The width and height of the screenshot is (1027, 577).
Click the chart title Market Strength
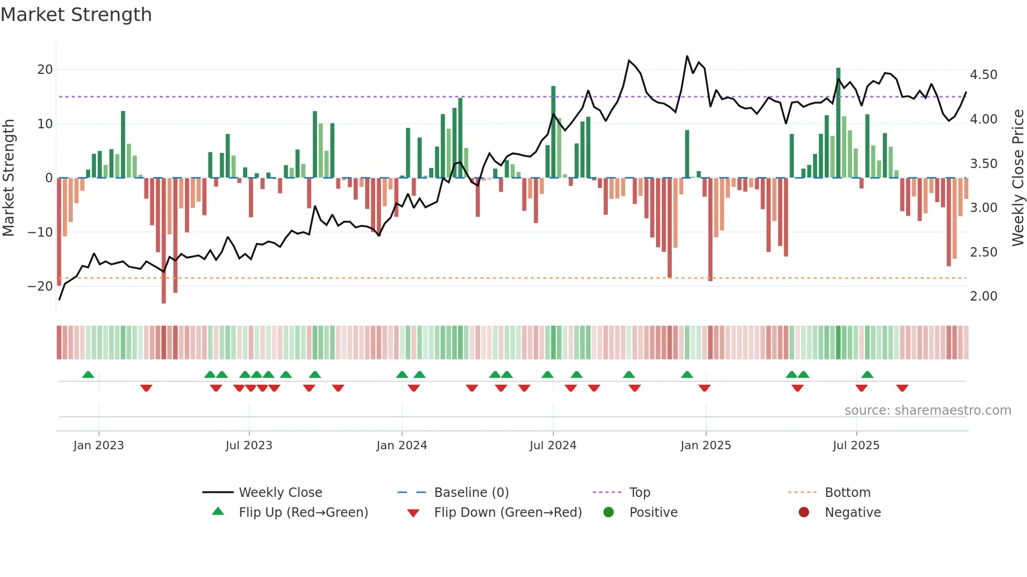pyautogui.click(x=77, y=15)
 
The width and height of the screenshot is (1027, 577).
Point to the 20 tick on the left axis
pyautogui.click(x=45, y=70)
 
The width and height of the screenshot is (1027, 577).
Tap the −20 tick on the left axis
pyautogui.click(x=40, y=286)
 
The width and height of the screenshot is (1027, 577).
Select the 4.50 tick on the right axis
pyautogui.click(x=984, y=75)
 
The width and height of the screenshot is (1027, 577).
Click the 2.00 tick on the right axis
pyautogui.click(x=984, y=296)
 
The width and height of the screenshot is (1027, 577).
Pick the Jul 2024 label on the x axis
pyautogui.click(x=553, y=446)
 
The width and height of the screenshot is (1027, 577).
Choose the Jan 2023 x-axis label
pyautogui.click(x=99, y=446)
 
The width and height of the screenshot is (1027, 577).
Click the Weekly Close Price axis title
pyautogui.click(x=1018, y=177)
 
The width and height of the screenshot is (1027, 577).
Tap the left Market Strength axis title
pyautogui.click(x=8, y=177)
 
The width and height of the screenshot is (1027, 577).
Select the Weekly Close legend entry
pyautogui.click(x=280, y=493)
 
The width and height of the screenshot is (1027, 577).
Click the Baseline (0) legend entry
pyautogui.click(x=471, y=493)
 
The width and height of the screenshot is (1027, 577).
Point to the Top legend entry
pyautogui.click(x=639, y=493)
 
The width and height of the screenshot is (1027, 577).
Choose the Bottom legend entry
pyautogui.click(x=847, y=493)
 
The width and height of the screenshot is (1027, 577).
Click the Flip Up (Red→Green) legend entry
pyautogui.click(x=303, y=513)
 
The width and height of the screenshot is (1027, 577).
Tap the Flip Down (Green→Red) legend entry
pyautogui.click(x=508, y=513)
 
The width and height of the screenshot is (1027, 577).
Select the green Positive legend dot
pyautogui.click(x=608, y=512)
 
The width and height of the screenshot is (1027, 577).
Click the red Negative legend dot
pyautogui.click(x=804, y=512)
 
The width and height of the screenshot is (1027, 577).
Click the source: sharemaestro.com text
pyautogui.click(x=927, y=410)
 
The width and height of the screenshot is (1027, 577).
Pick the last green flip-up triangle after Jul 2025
pyautogui.click(x=867, y=374)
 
